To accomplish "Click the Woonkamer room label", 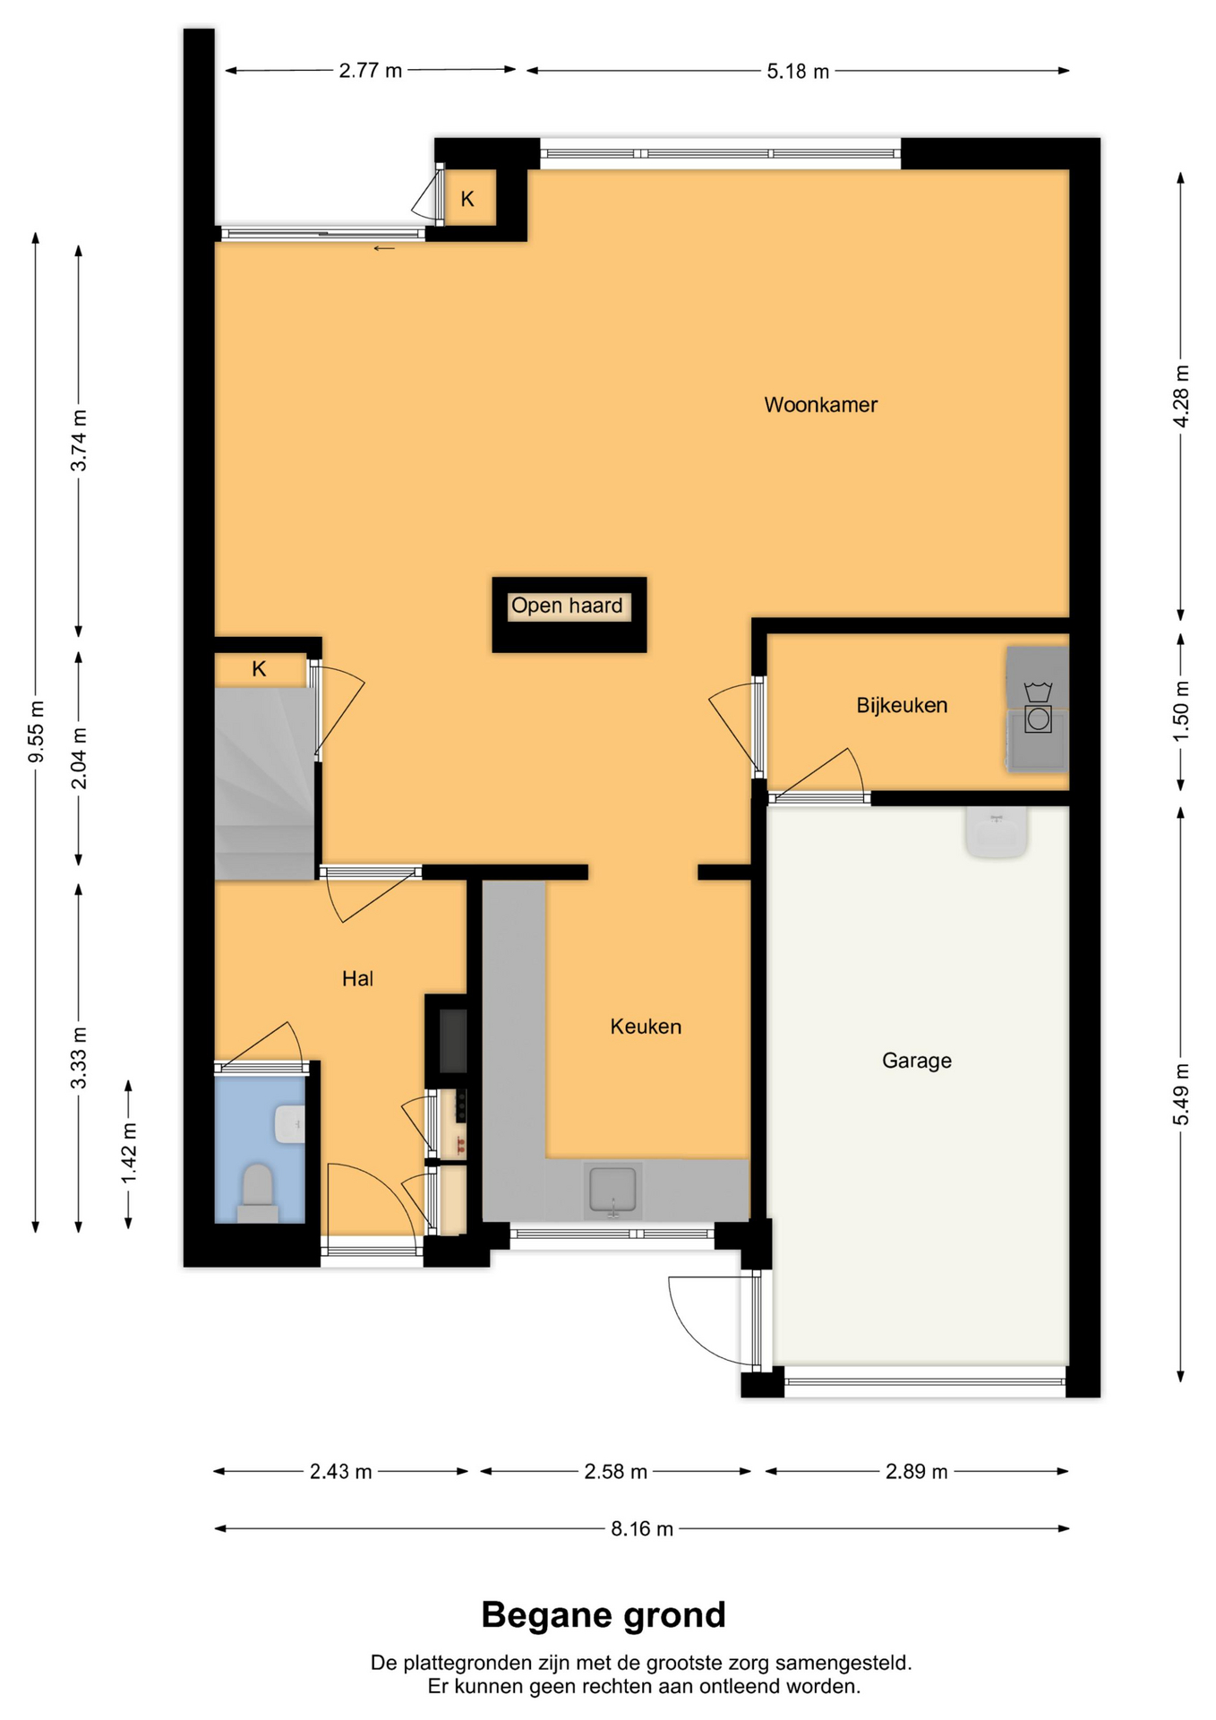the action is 820,405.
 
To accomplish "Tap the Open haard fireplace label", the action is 567,606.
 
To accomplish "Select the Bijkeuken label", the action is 902,706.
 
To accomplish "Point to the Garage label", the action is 916,1061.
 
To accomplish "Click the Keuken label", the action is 646,1027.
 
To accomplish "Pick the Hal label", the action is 357,978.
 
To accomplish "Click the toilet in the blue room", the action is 258,1193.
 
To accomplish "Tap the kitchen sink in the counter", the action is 612,1191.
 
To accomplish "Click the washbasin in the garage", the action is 996,831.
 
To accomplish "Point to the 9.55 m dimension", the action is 36,732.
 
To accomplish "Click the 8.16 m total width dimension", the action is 642,1528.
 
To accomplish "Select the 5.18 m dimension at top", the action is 798,71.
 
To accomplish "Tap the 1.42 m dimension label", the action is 129,1153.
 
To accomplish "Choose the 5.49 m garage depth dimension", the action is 1181,1094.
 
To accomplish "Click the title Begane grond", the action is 604,1615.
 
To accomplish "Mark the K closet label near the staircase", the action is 259,668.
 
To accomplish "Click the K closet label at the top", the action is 467,199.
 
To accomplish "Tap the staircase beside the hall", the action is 264,783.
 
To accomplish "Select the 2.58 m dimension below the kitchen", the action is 615,1471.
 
